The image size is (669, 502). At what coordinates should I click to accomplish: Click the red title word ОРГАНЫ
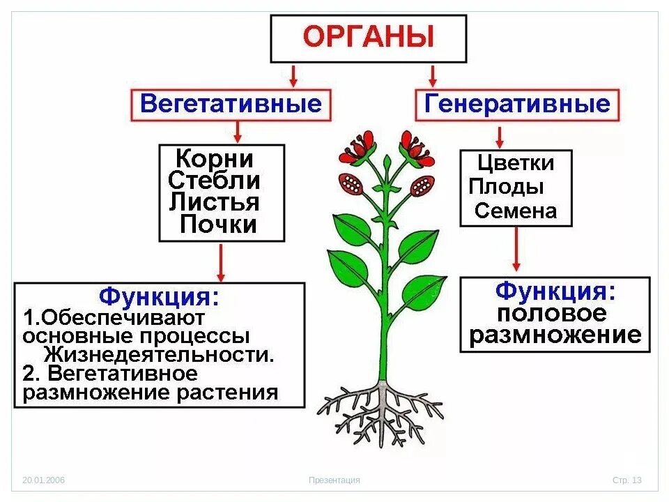point(368,38)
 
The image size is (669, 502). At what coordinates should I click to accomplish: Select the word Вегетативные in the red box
point(231,105)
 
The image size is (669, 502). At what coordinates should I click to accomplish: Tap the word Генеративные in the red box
point(517,105)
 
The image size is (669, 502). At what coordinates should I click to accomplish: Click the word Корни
point(214,159)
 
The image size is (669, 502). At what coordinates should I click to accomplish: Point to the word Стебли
point(215,181)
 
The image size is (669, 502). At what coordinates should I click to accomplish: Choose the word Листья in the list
point(215,202)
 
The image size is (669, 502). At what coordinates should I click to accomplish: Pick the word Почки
point(218,225)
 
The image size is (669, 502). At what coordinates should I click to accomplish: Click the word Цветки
point(516,164)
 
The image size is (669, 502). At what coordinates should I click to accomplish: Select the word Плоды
point(507,187)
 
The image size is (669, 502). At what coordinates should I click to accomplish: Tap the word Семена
point(516,211)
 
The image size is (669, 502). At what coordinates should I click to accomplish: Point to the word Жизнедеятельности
point(159,354)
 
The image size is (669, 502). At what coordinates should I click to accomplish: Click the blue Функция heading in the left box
point(159,297)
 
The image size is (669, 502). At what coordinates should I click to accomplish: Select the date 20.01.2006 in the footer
point(43,480)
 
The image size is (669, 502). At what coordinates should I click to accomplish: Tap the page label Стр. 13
point(626,480)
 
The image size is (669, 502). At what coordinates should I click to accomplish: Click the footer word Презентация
point(334,480)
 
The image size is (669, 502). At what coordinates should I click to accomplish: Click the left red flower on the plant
point(358,148)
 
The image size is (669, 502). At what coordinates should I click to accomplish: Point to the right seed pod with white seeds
point(422,185)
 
